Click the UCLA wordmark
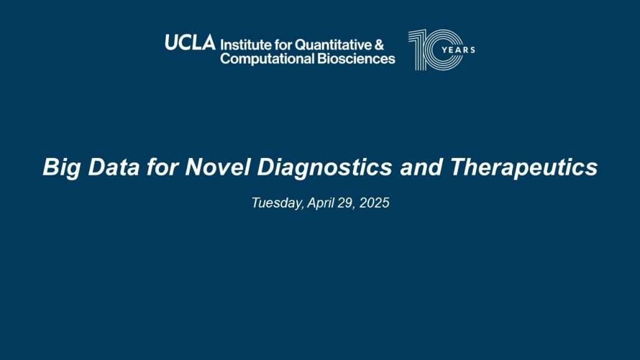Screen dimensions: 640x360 [x=190, y=42]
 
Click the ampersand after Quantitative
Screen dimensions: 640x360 [x=379, y=45]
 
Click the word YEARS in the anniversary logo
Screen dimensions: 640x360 [x=459, y=50]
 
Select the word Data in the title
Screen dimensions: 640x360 [x=114, y=167]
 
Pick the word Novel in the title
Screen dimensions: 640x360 [x=217, y=167]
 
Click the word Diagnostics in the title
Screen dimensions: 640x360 [x=324, y=167]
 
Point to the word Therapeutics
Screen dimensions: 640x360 [x=524, y=167]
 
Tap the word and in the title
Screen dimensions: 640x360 [x=421, y=167]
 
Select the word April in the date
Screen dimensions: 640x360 [x=321, y=203]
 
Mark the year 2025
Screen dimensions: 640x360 [x=374, y=203]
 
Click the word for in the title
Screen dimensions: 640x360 [x=162, y=167]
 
